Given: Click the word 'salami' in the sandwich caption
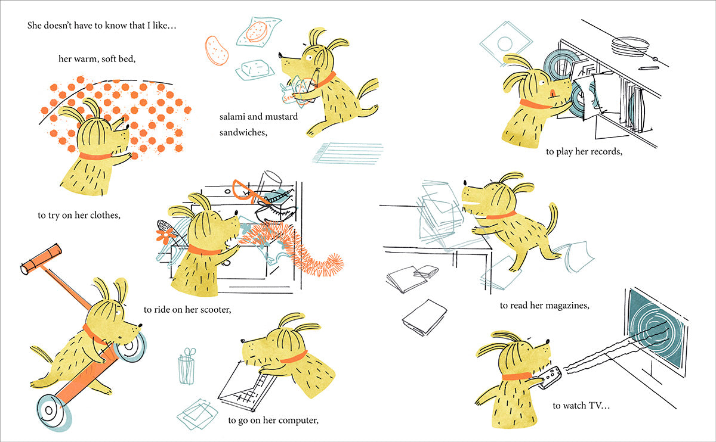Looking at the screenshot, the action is [x=232, y=117].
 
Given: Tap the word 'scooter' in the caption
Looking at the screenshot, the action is [x=215, y=310].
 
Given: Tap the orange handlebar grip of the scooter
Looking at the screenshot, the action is [x=41, y=259].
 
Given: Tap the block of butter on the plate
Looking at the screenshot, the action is [x=255, y=68].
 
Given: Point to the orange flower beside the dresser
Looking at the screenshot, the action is [x=165, y=236].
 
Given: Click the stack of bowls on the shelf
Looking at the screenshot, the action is [x=630, y=46].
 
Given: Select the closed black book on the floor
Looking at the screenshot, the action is [x=425, y=318].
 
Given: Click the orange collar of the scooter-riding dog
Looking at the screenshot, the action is [x=94, y=334].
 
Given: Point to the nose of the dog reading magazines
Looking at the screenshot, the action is [x=465, y=183].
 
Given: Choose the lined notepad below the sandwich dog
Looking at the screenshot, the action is [x=347, y=153].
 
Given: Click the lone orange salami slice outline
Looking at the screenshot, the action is [x=217, y=51].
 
